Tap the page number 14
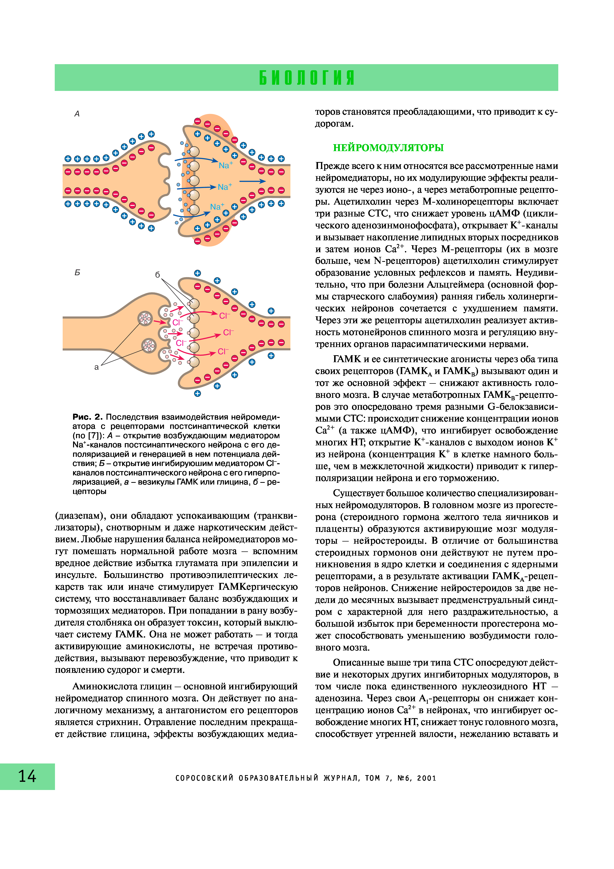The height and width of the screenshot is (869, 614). coord(27,776)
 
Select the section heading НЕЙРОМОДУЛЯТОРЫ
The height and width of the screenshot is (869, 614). coord(388,148)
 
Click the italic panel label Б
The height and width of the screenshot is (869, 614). coord(77,272)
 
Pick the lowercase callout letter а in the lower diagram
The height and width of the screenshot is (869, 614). coord(96,367)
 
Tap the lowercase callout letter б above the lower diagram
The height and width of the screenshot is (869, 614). coord(158,275)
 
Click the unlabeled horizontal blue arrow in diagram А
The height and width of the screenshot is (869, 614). coord(252,181)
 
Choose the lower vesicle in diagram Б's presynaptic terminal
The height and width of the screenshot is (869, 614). coord(149,345)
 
